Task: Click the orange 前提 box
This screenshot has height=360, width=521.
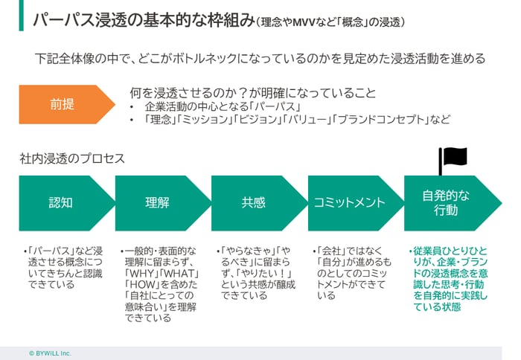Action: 63,104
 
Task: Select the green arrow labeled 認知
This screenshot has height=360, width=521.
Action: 61,202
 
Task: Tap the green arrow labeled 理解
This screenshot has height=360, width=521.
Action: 158,202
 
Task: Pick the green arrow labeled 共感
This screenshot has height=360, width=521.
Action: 254,202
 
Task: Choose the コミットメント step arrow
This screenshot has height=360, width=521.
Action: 350,202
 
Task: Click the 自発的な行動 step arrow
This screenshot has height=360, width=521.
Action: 447,202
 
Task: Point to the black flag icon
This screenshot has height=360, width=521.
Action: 453,158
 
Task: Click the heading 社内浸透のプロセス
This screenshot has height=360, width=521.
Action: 73,158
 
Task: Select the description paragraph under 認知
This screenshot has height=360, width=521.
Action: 63,266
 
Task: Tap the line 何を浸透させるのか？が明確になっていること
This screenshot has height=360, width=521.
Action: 252,93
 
